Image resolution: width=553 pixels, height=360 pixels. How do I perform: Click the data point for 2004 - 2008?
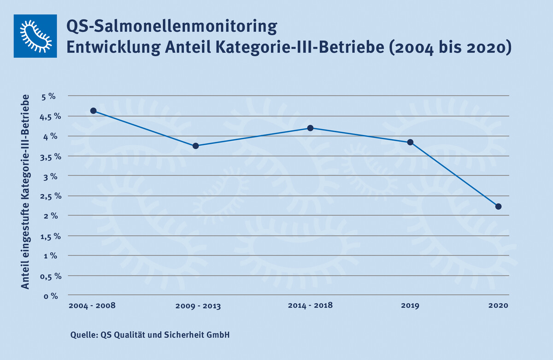93,111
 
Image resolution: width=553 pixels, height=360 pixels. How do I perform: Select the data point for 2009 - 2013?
195,146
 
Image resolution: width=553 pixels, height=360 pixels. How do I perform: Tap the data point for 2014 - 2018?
311,128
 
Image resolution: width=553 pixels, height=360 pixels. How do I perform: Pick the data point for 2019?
410,142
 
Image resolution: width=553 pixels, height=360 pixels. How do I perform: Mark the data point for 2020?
499,206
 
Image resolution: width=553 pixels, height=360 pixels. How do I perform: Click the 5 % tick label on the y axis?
48,96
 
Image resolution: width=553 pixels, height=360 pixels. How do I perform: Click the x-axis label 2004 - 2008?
92,306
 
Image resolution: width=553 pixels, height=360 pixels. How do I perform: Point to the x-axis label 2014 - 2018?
310,306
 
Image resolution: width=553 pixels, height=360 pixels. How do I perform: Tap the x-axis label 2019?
410,306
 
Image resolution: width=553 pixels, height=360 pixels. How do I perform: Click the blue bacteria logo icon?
35,36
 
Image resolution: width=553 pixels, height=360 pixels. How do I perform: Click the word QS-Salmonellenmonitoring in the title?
172,27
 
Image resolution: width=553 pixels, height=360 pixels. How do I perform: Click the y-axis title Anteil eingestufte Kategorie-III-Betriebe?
26,192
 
